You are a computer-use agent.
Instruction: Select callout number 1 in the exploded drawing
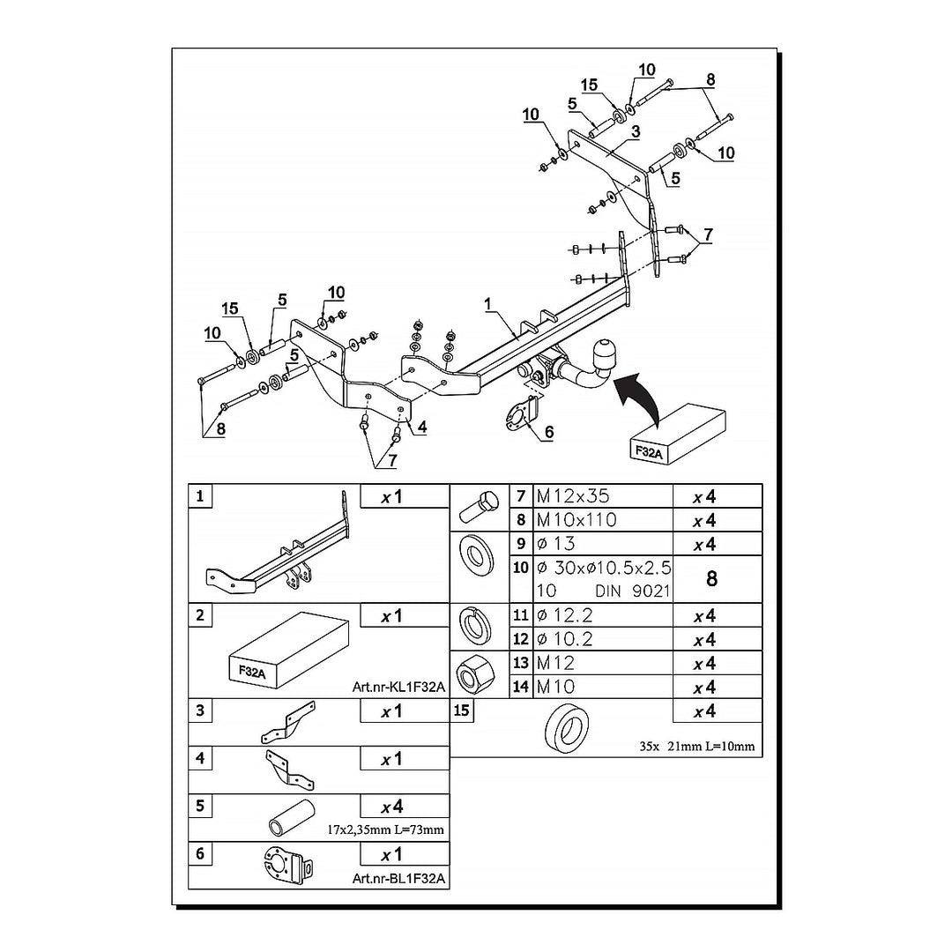[x=488, y=305]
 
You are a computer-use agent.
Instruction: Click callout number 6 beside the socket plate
[x=549, y=432]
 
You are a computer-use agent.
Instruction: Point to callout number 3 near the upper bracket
[x=635, y=131]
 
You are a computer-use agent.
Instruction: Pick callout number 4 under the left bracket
[x=422, y=428]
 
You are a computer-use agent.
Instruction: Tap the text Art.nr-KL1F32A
[x=398, y=687]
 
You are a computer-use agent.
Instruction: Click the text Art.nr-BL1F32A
[x=398, y=878]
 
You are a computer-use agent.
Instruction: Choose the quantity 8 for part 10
[x=712, y=578]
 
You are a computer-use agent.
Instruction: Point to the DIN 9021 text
[x=633, y=591]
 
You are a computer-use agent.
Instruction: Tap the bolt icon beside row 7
[x=479, y=508]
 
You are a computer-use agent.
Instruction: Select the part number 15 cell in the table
[x=461, y=710]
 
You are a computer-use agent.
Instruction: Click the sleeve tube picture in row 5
[x=292, y=818]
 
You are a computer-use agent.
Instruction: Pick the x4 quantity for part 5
[x=392, y=807]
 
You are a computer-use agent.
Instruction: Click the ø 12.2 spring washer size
[x=565, y=615]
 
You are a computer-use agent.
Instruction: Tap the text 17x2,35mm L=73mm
[x=385, y=829]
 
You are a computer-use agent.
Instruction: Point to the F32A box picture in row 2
[x=288, y=651]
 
